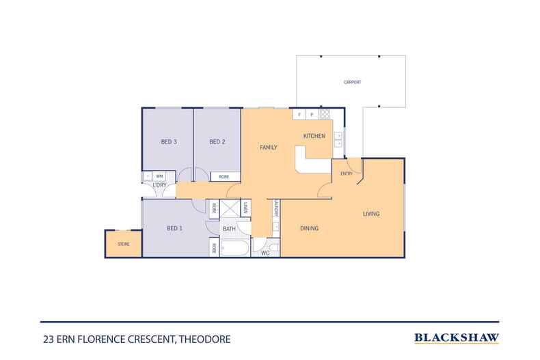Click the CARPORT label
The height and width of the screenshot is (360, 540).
point(352,83)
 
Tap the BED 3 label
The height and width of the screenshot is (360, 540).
point(170,142)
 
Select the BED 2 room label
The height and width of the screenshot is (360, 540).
point(217,142)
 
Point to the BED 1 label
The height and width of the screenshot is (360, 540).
point(176,228)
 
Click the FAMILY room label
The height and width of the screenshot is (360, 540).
point(267,147)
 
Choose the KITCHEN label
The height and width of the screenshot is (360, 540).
point(314,137)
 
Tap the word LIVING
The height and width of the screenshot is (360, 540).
point(370,214)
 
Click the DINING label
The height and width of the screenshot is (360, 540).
point(310,228)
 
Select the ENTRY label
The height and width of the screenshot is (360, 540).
point(347,174)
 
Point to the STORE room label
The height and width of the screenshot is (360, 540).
point(123,244)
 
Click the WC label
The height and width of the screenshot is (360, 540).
point(266,253)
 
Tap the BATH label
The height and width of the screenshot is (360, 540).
point(228,229)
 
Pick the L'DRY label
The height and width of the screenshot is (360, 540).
point(159,186)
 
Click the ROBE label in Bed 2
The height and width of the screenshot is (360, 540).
point(224,177)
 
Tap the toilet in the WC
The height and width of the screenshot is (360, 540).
point(273,246)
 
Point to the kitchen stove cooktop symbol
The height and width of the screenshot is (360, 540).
point(325,115)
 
